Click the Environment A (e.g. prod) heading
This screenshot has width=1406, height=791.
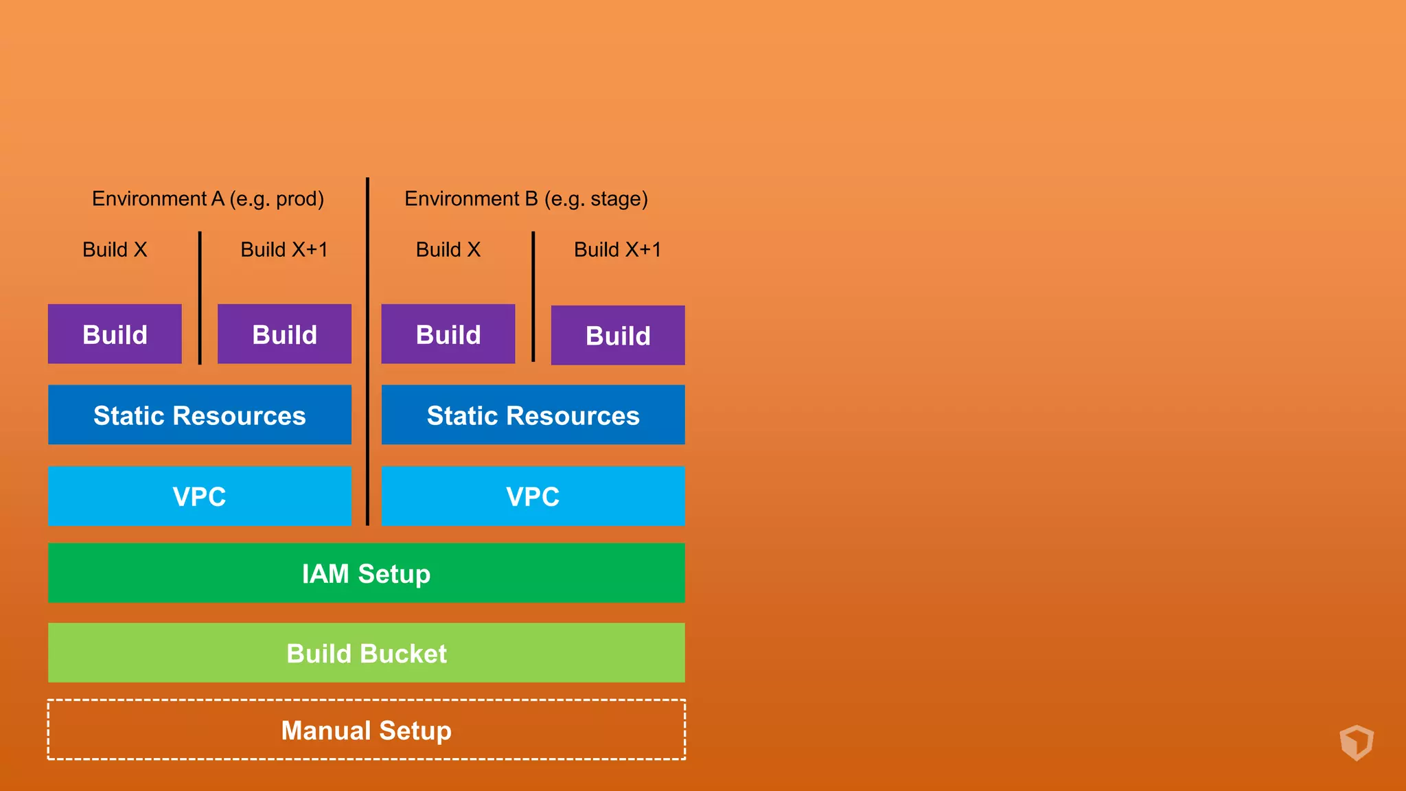click(207, 199)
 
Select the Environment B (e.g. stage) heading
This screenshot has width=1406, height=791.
click(526, 199)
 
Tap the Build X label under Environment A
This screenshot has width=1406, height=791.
click(115, 249)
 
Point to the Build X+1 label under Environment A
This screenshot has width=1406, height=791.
click(284, 249)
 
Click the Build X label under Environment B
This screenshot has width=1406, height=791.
click(448, 249)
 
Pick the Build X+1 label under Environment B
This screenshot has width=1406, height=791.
click(617, 249)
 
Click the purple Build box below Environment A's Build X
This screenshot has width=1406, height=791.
click(115, 334)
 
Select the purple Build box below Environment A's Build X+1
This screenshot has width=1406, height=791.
click(284, 334)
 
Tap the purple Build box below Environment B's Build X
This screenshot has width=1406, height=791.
click(448, 334)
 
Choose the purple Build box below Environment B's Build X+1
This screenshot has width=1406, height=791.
click(618, 335)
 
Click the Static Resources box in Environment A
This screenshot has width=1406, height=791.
click(200, 415)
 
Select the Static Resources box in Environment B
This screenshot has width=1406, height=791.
click(533, 415)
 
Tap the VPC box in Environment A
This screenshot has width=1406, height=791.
click(200, 496)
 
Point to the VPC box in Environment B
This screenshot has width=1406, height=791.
click(533, 496)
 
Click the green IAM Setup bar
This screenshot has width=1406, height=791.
click(366, 573)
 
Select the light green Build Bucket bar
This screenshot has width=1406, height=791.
click(366, 652)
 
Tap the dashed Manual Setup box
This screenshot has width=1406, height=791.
click(366, 730)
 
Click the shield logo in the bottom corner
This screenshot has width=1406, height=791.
click(1357, 742)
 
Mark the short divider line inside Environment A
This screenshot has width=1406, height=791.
click(200, 298)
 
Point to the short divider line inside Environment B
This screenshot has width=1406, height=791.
click(533, 297)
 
